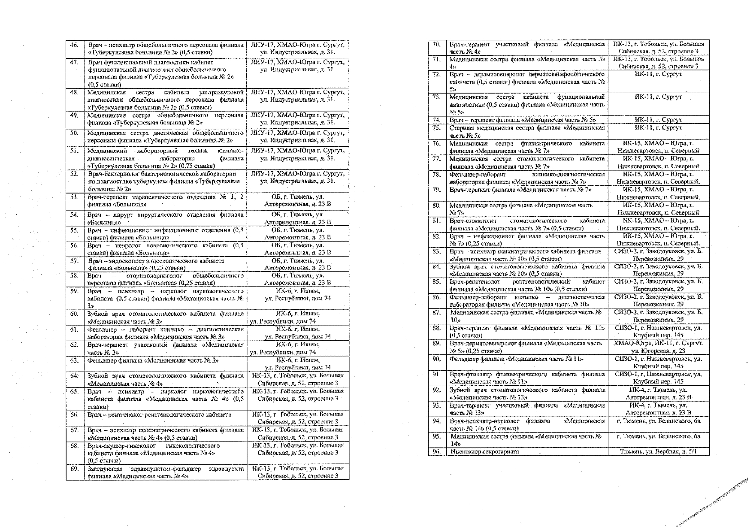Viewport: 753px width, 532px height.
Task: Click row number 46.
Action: [x=74, y=45]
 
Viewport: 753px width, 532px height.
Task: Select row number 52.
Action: [x=74, y=174]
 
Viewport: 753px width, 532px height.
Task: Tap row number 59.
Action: [x=74, y=291]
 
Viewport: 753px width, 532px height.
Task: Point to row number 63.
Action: [x=74, y=360]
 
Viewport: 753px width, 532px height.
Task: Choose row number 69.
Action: [x=74, y=469]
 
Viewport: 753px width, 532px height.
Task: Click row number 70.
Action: [x=437, y=44]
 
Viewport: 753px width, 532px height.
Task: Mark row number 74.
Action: [x=437, y=120]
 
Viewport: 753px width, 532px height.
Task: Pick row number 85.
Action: [x=437, y=282]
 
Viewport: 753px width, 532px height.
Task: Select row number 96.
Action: [x=437, y=451]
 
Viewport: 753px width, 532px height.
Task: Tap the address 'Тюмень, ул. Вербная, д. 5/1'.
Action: [x=658, y=451]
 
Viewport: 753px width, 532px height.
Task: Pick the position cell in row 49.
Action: [x=165, y=119]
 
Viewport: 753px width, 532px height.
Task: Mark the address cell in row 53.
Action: [x=298, y=201]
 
